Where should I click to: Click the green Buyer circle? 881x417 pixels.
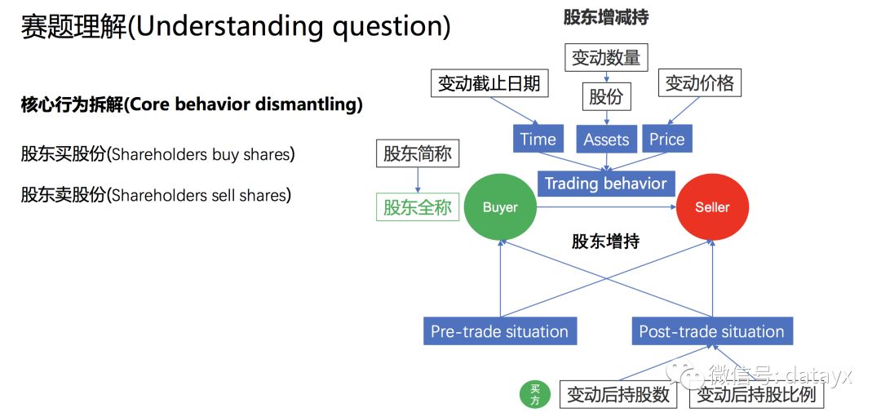pyautogui.click(x=500, y=207)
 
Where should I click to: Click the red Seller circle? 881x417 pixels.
pyautogui.click(x=712, y=207)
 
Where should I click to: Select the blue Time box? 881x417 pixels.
pyautogui.click(x=538, y=140)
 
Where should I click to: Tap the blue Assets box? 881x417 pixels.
pyautogui.click(x=606, y=140)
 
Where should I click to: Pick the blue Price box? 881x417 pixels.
pyautogui.click(x=666, y=140)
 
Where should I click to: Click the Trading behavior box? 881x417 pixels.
pyautogui.click(x=605, y=183)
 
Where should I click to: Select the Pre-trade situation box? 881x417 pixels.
pyautogui.click(x=499, y=331)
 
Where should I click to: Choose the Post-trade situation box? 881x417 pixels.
pyautogui.click(x=711, y=331)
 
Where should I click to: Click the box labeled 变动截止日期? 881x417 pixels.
pyautogui.click(x=489, y=83)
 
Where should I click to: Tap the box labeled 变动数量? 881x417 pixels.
pyautogui.click(x=606, y=57)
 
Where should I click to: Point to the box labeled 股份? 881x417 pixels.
pyautogui.click(x=606, y=97)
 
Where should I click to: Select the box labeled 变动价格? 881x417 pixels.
pyautogui.click(x=699, y=83)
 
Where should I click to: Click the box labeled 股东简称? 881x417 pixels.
pyautogui.click(x=417, y=153)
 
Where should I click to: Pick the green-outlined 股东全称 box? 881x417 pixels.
pyautogui.click(x=417, y=207)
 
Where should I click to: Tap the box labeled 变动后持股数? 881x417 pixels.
pyautogui.click(x=618, y=395)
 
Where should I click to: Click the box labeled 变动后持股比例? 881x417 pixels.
pyautogui.click(x=756, y=395)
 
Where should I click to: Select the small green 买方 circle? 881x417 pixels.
pyautogui.click(x=535, y=395)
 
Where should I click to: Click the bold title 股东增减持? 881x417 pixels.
pyautogui.click(x=605, y=16)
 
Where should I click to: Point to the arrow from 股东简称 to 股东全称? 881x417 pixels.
pyautogui.click(x=417, y=180)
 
